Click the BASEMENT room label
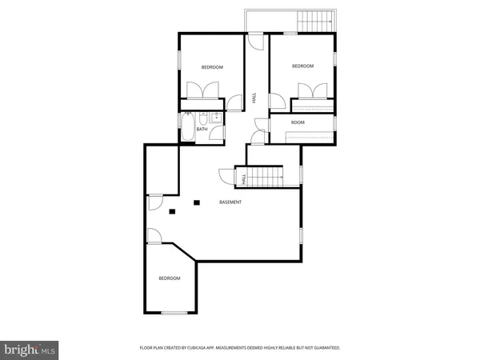tap(230, 202)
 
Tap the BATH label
tap(202, 129)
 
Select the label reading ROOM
tap(298, 122)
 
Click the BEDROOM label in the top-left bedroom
tap(212, 67)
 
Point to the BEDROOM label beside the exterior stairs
tap(302, 66)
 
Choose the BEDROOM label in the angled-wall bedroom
tap(169, 278)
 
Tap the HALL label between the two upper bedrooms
tap(254, 97)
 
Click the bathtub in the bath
tap(186, 128)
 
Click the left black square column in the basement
tap(172, 211)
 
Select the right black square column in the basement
tap(197, 202)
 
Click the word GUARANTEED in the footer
tap(322, 348)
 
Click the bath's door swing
tap(218, 134)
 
